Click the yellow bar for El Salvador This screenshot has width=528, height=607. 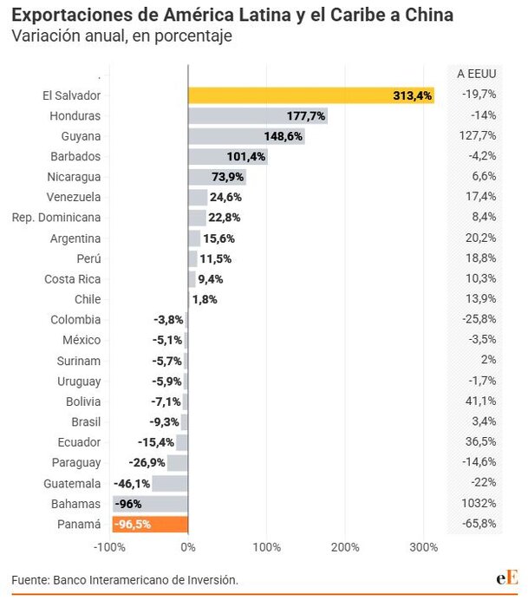click(311, 95)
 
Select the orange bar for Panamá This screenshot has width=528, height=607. click(150, 524)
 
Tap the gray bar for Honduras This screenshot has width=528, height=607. click(257, 115)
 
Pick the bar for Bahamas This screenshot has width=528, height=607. click(150, 504)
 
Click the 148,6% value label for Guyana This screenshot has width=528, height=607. click(284, 136)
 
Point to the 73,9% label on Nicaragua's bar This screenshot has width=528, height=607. click(228, 177)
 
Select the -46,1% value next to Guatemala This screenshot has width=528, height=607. click(132, 484)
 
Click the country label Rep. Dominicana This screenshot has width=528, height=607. click(56, 218)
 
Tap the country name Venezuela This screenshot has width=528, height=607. click(74, 197)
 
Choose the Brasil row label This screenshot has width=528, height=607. click(86, 421)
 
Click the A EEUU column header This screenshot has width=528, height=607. click(477, 74)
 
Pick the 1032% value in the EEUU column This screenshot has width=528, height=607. click(479, 503)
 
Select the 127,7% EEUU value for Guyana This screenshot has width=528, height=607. click(478, 135)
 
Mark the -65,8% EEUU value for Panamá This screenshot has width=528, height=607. click(479, 524)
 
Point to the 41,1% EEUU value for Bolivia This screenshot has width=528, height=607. click(481, 401)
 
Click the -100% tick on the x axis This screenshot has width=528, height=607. click(109, 547)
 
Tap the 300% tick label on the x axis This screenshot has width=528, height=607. click(424, 547)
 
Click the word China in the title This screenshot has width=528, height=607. click(429, 15)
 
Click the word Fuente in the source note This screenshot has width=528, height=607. click(30, 580)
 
